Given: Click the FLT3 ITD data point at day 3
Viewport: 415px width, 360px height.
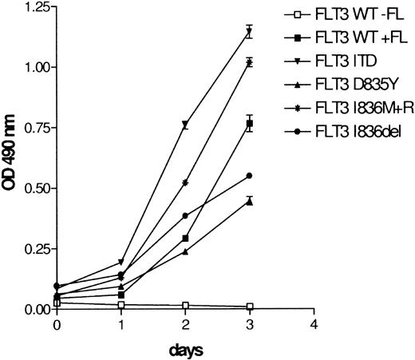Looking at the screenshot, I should click(250, 32).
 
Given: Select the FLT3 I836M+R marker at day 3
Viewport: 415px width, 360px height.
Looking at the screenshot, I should click(250, 62).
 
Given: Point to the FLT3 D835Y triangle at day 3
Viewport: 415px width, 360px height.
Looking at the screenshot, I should click(250, 201).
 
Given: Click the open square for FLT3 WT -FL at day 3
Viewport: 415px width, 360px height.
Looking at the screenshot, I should click(250, 307).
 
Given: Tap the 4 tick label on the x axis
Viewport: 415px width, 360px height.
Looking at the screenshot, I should click(314, 325).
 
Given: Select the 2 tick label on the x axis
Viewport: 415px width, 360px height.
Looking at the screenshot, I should click(185, 325).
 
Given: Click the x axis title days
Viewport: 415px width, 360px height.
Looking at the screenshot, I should click(185, 350).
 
